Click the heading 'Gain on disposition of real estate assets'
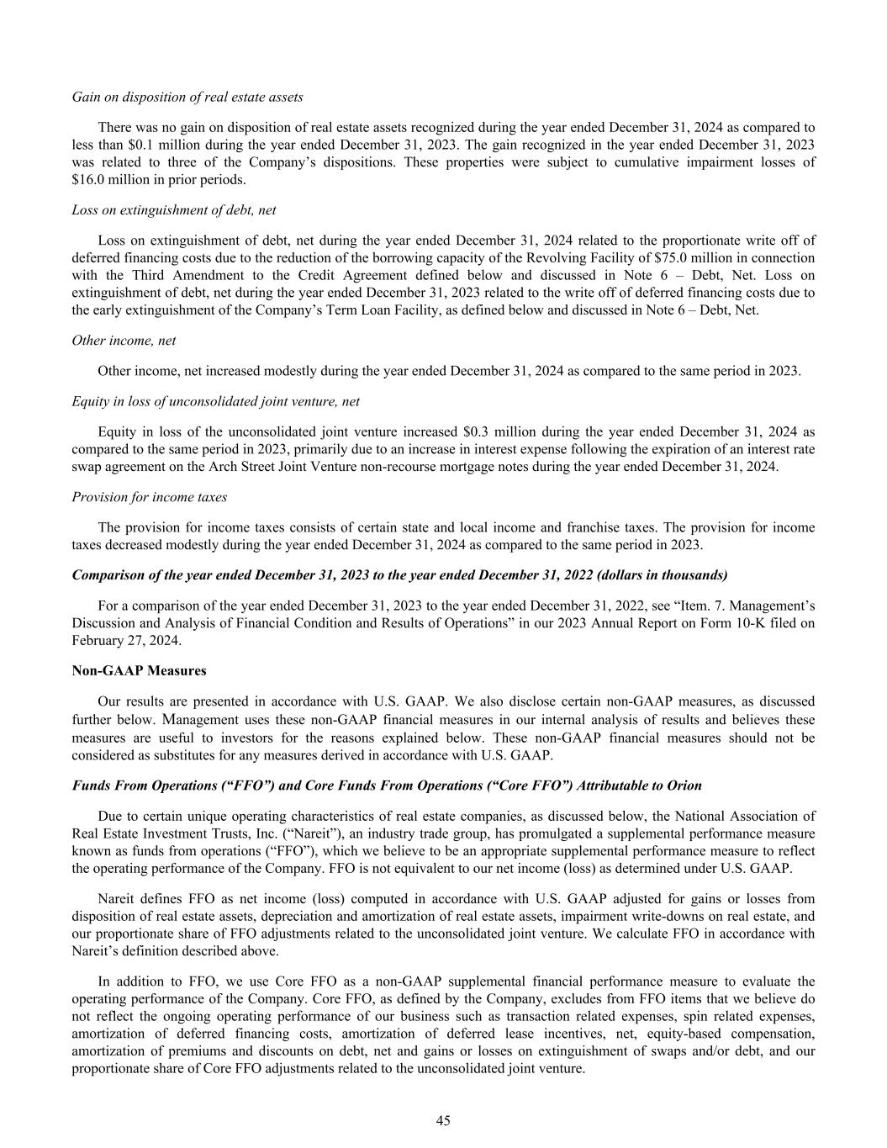pos(187,97)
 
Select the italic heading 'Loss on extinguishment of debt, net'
pos(174,210)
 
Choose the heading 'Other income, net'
pos(124,341)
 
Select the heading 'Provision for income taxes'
pos(150,497)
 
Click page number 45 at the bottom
pos(443,1119)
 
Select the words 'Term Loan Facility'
pos(434,310)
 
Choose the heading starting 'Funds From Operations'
pos(387,785)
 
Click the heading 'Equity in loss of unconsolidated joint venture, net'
pos(216,401)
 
